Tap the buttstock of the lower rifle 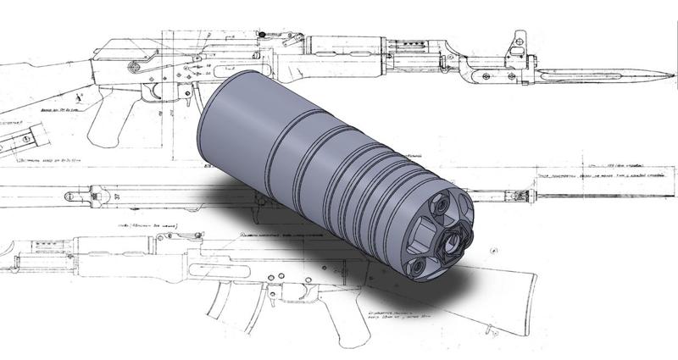coord(492,292)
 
